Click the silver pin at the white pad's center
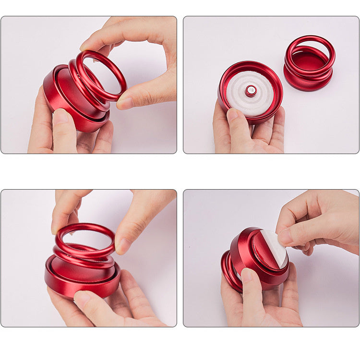[x=251, y=90]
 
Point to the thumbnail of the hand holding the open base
[x=233, y=115]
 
